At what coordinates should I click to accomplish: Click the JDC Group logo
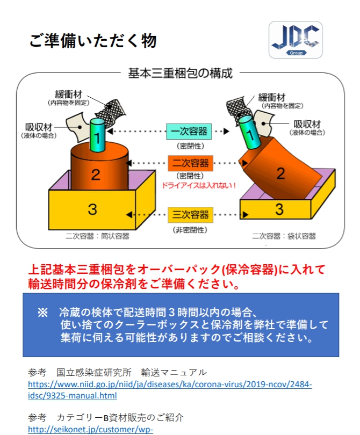(296, 40)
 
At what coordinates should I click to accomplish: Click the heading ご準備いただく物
(93, 41)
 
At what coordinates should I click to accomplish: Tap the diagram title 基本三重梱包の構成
(180, 74)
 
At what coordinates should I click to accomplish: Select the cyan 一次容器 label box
(189, 132)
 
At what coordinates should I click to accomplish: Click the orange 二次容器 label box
(190, 163)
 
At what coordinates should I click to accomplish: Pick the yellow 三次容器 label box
(190, 215)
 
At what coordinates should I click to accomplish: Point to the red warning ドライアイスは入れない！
(199, 185)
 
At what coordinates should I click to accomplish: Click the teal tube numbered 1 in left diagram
(97, 135)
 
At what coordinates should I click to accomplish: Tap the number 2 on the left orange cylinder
(96, 175)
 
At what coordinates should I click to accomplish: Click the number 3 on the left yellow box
(92, 209)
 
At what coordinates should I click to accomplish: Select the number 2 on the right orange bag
(280, 173)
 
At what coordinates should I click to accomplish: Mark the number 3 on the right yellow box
(279, 209)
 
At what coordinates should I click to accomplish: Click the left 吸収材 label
(39, 127)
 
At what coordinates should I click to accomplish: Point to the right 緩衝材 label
(272, 97)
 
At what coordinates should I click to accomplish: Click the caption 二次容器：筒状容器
(97, 236)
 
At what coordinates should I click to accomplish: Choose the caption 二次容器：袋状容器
(284, 236)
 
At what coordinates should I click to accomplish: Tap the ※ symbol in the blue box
(43, 313)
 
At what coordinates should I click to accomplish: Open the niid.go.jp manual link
(170, 390)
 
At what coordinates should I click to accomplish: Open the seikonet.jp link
(90, 430)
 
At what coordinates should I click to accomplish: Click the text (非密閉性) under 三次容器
(190, 230)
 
